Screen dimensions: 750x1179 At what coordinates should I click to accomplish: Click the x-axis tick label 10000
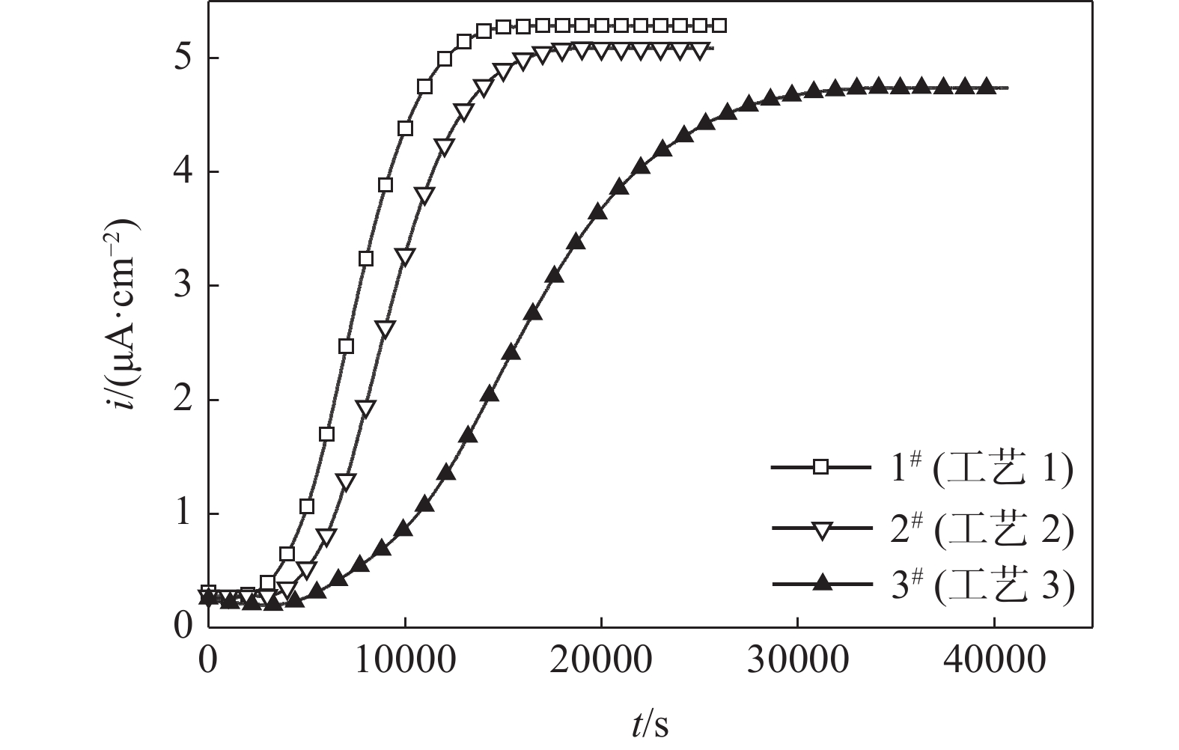click(405, 662)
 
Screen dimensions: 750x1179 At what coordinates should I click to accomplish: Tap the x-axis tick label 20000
click(601, 662)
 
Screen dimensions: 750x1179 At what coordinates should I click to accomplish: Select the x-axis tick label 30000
click(798, 662)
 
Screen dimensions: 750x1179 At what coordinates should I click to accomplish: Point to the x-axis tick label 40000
click(994, 662)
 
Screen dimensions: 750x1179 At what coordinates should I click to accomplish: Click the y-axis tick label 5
click(182, 58)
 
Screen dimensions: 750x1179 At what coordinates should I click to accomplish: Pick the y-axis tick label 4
click(182, 172)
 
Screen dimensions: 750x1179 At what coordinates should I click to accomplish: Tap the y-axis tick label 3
click(182, 286)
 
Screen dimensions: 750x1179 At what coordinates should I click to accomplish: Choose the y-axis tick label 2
click(182, 400)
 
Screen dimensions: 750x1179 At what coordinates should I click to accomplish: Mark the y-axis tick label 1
click(182, 514)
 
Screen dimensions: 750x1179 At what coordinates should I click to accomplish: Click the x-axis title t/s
click(648, 724)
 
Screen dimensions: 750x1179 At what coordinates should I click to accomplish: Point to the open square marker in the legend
click(821, 467)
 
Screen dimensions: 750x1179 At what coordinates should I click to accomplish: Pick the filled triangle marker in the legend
click(821, 583)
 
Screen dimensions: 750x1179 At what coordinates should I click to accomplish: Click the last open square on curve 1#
click(719, 26)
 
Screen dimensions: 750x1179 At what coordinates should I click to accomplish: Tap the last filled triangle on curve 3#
click(987, 86)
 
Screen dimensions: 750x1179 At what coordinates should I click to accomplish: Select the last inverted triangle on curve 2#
click(701, 50)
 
